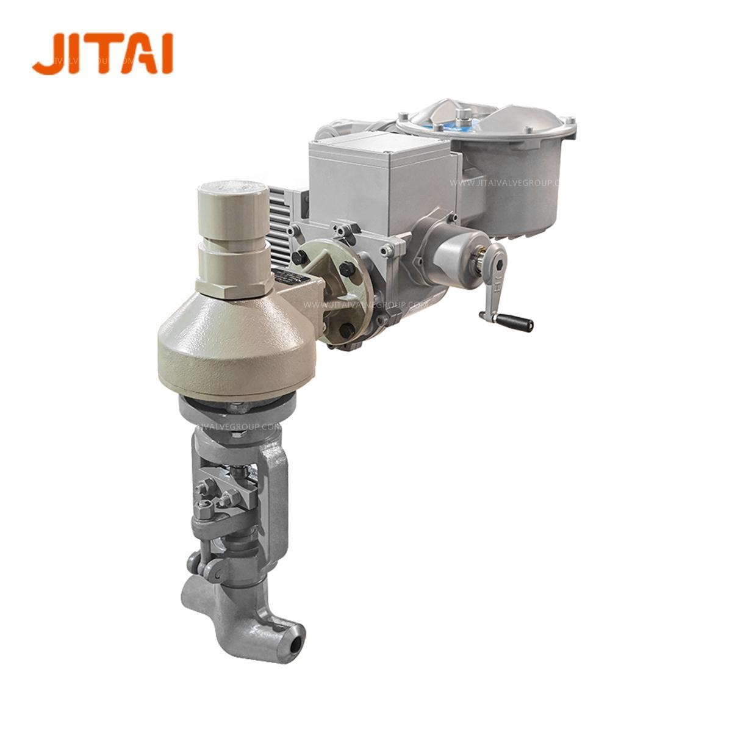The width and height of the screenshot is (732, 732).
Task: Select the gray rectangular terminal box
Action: [378, 177]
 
